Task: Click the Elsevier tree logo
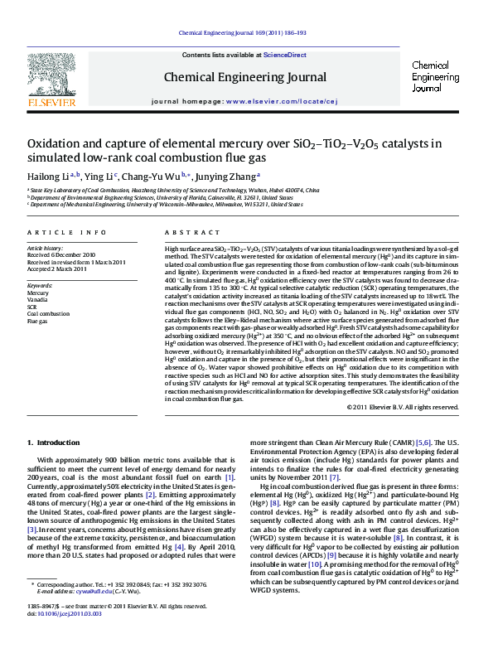pyautogui.click(x=51, y=79)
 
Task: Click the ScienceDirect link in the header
pyautogui.click(x=284, y=56)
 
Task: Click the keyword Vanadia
pyautogui.click(x=38, y=299)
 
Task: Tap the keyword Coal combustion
pyautogui.click(x=48, y=313)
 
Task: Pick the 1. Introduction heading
pyautogui.click(x=54, y=443)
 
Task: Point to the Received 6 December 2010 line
pyautogui.click(x=61, y=254)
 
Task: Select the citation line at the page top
pyautogui.click(x=246, y=33)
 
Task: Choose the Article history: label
pyautogui.click(x=46, y=248)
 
